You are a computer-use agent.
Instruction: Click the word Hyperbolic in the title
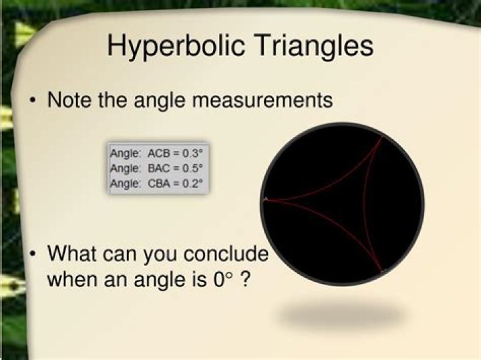(x=176, y=46)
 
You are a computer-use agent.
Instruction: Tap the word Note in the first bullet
(x=69, y=100)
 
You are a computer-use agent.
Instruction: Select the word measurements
(x=263, y=100)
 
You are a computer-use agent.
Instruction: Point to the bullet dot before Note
(x=32, y=100)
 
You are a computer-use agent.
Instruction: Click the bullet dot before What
(x=32, y=254)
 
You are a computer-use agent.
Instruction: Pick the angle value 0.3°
(x=192, y=153)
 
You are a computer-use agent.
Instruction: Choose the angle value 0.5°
(x=192, y=168)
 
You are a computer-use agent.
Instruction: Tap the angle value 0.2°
(x=192, y=184)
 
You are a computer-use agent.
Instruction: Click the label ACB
(x=159, y=154)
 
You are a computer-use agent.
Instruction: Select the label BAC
(x=159, y=168)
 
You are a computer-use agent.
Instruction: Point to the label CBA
(x=159, y=184)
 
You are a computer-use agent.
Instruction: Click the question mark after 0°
(x=245, y=279)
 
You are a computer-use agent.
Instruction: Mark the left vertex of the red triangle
(x=265, y=199)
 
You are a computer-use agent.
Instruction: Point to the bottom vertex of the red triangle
(x=381, y=271)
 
